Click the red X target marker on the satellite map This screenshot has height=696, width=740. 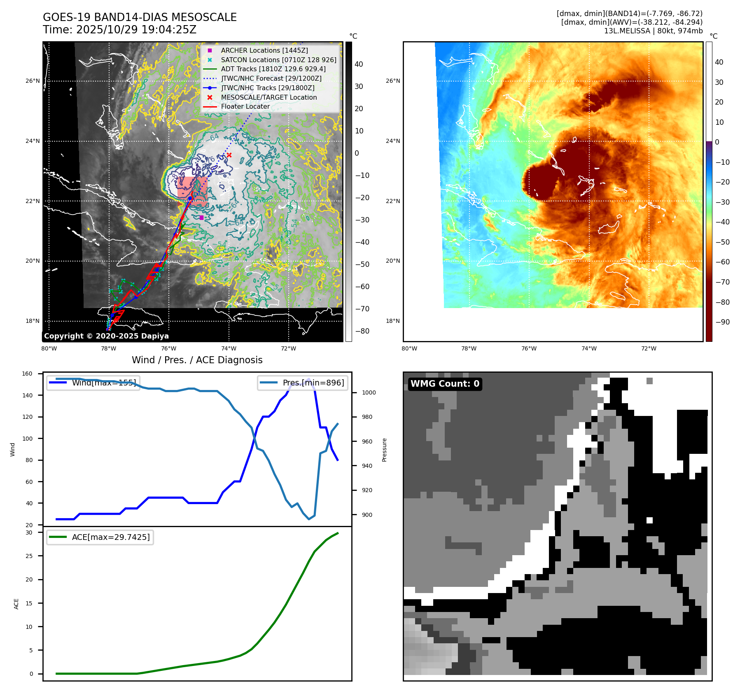pyautogui.click(x=229, y=155)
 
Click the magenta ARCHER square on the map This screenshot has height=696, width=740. pyautogui.click(x=201, y=217)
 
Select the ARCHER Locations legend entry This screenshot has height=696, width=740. pyautogui.click(x=264, y=50)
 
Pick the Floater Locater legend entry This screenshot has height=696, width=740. pyautogui.click(x=245, y=106)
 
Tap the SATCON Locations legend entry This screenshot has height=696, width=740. pyautogui.click(x=278, y=60)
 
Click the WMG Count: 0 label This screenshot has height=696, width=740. pyautogui.click(x=445, y=384)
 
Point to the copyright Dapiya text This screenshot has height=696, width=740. pyautogui.click(x=106, y=336)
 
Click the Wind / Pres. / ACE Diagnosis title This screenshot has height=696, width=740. pyautogui.click(x=197, y=360)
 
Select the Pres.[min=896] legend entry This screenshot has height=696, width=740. pyautogui.click(x=313, y=383)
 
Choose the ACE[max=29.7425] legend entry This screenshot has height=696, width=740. pyautogui.click(x=110, y=537)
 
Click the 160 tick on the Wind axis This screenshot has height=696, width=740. pyautogui.click(x=27, y=374)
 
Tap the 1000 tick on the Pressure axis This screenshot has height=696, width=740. pyautogui.click(x=369, y=392)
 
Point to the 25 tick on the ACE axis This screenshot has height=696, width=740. pyautogui.click(x=29, y=556)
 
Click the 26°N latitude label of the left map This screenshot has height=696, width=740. pyautogui.click(x=33, y=81)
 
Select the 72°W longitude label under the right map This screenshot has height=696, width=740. pyautogui.click(x=649, y=348)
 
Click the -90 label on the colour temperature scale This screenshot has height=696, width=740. pyautogui.click(x=722, y=322)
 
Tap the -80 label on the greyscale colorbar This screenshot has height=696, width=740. pyautogui.click(x=362, y=331)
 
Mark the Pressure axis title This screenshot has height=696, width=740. pyautogui.click(x=384, y=450)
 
